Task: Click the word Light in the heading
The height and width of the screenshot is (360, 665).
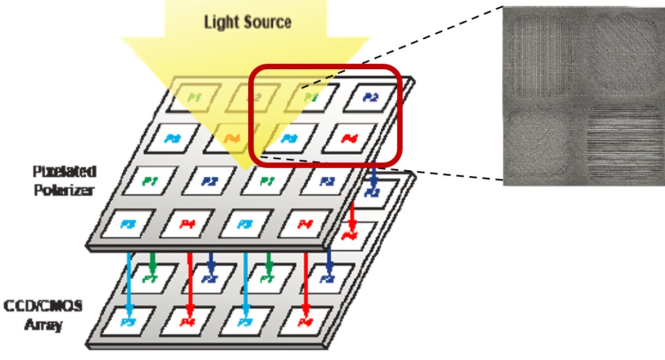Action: pos(221,22)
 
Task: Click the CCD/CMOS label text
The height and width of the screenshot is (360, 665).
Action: pos(43,306)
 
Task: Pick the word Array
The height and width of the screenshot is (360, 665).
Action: pos(44,326)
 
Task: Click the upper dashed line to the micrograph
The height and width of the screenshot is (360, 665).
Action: pos(404,46)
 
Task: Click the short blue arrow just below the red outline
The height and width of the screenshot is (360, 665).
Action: pos(373,177)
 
